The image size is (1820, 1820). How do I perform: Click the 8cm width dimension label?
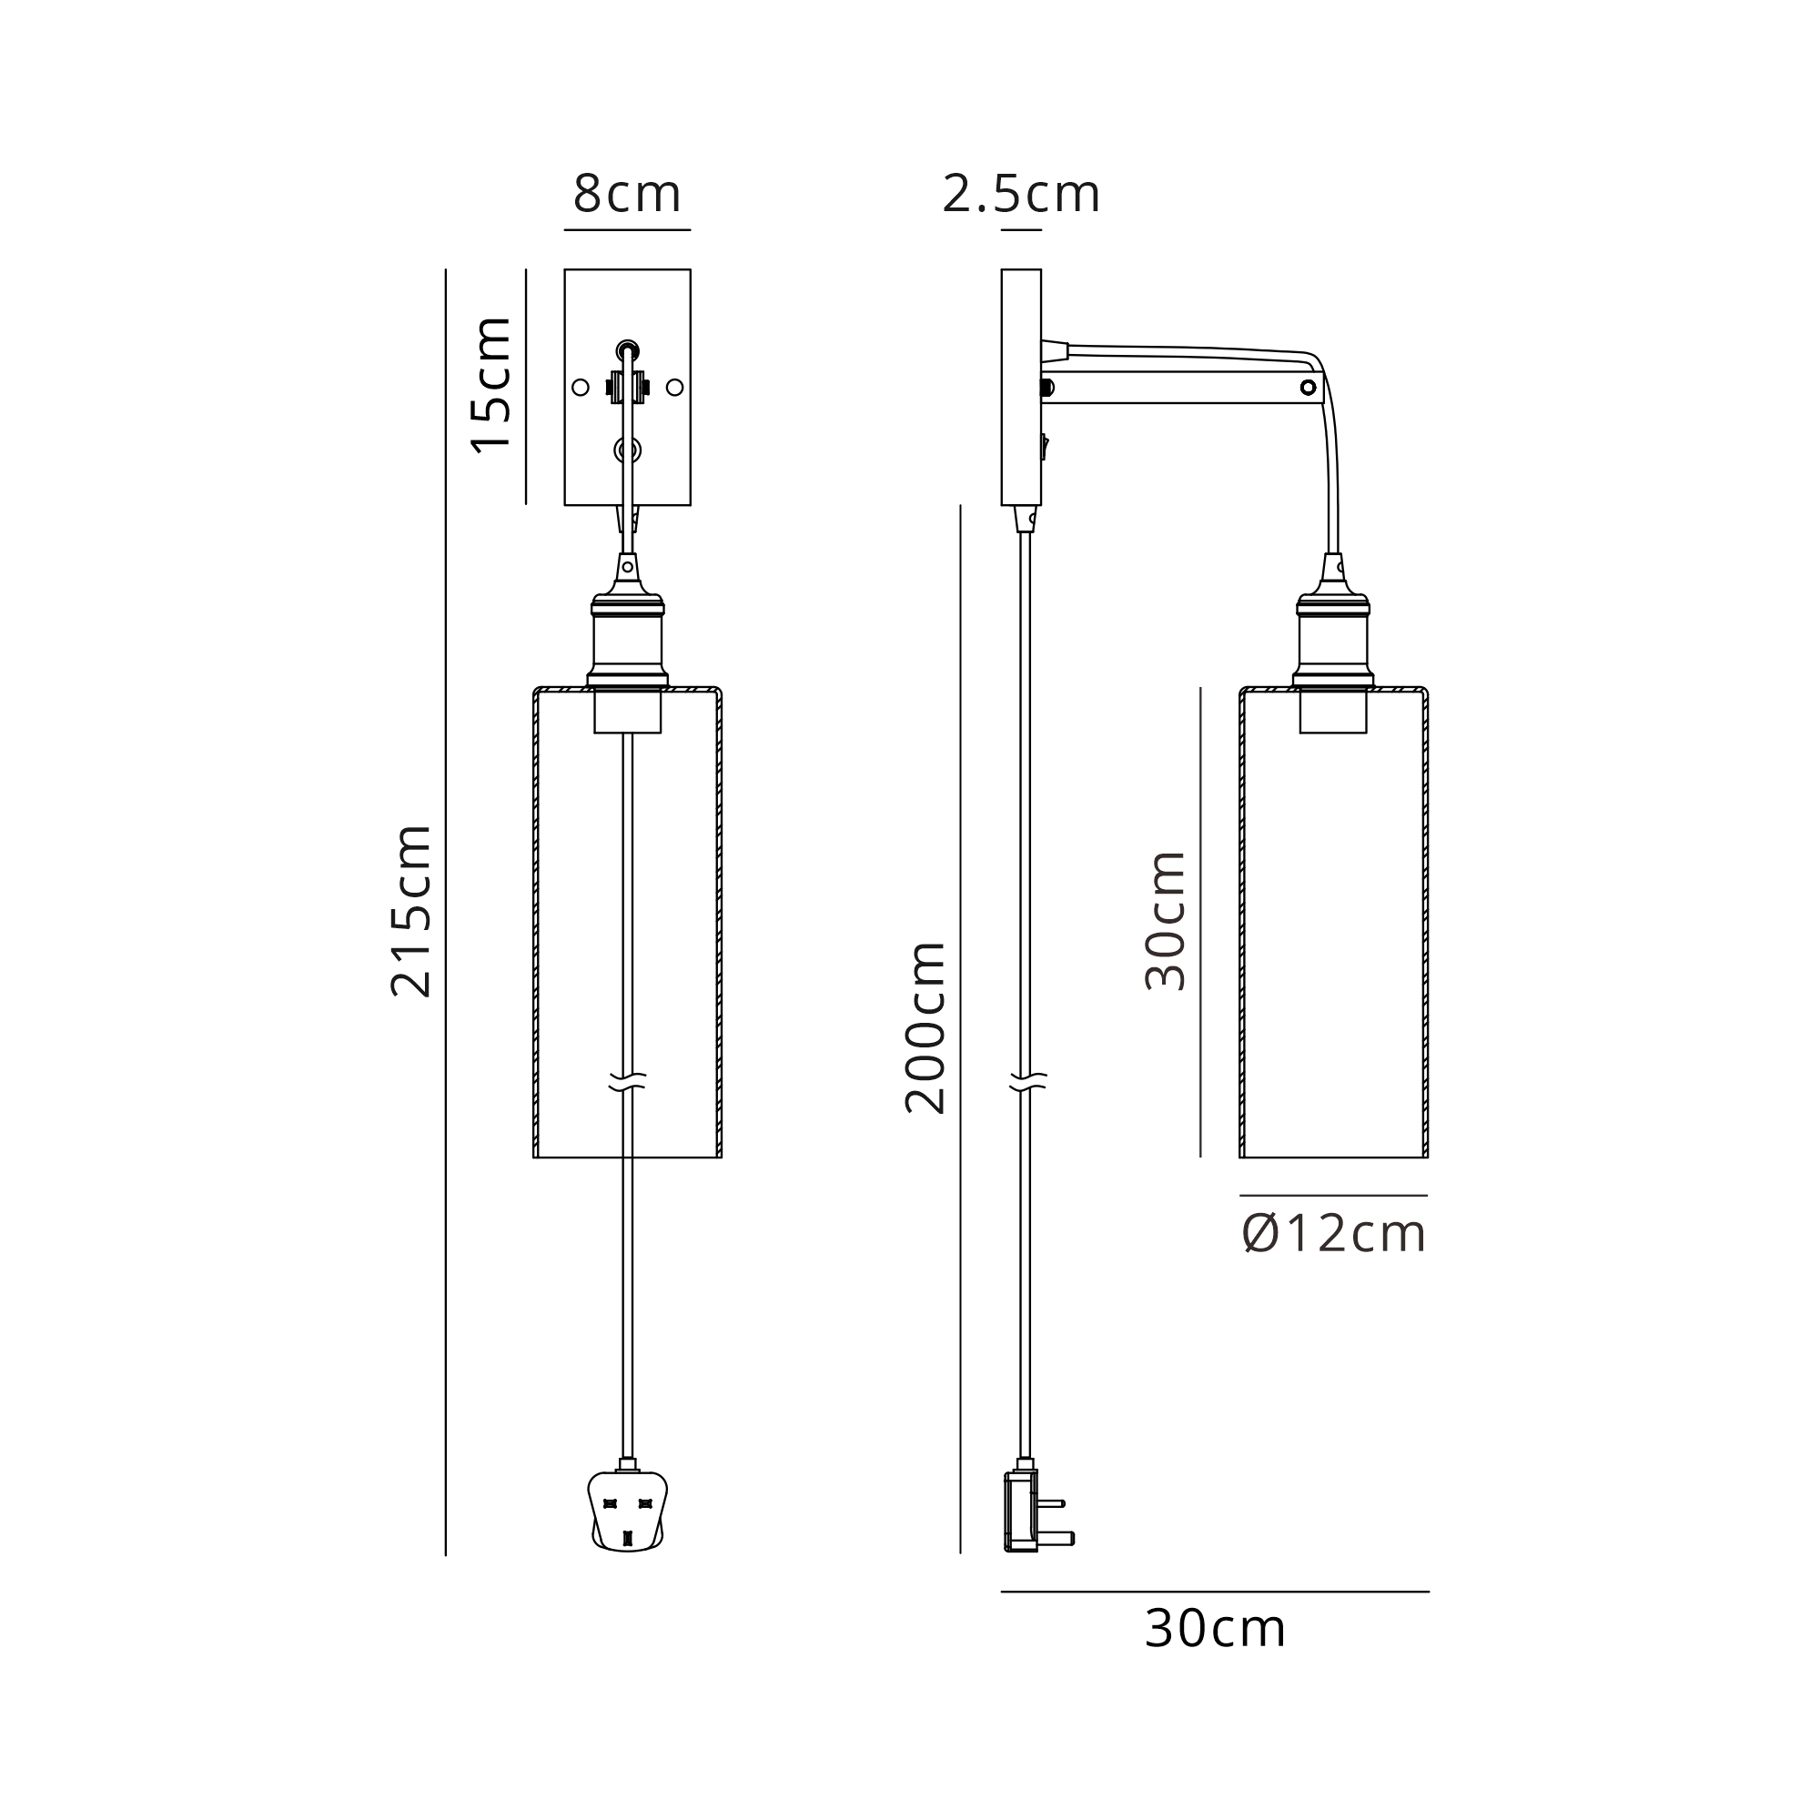(626, 194)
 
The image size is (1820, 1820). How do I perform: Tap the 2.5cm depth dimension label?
(1021, 194)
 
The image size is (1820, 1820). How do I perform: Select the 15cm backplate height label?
(491, 385)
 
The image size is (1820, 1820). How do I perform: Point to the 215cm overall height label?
(410, 911)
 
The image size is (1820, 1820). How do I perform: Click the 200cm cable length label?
(925, 1027)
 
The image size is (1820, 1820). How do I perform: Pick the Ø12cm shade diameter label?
(1334, 1234)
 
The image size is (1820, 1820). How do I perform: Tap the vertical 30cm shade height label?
(1166, 920)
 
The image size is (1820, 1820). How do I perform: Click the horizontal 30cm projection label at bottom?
(1215, 1629)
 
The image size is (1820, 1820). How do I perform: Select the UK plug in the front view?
(627, 1510)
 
